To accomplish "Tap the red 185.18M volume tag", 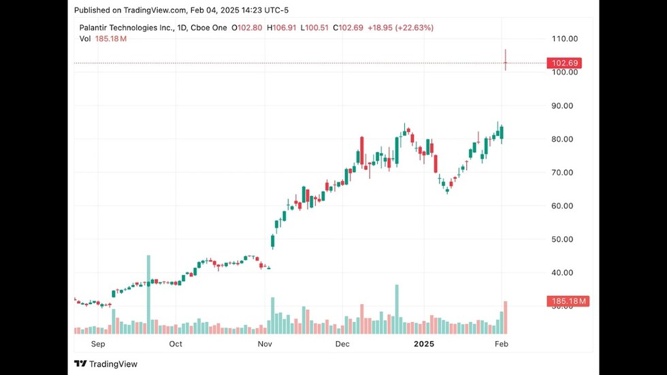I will (x=567, y=301).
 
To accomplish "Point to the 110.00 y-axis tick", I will (x=564, y=39).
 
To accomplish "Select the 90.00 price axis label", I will (x=564, y=105).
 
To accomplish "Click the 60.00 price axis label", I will (x=564, y=206).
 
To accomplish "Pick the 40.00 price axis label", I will (x=564, y=272).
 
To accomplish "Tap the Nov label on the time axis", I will (x=265, y=344).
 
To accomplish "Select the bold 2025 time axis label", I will (x=423, y=344).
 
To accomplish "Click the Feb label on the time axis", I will (x=501, y=344).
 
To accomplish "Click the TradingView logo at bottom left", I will (x=105, y=364).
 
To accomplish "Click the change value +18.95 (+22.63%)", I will (x=400, y=28).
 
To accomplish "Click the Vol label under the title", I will (x=85, y=39).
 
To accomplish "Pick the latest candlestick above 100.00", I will (x=506, y=61).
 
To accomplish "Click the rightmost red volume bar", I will (x=506, y=317).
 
